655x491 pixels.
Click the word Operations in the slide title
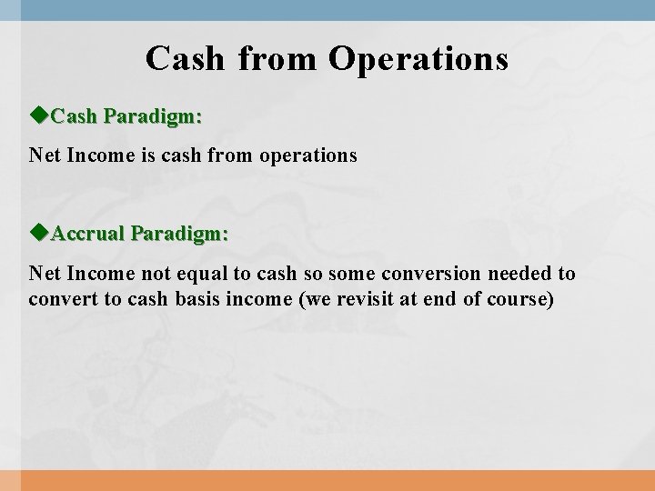click(418, 59)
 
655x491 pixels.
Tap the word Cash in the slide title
click(185, 59)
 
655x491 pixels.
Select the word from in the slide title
click(277, 59)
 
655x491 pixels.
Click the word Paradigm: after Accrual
click(179, 234)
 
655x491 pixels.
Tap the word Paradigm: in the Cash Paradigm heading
click(153, 116)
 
